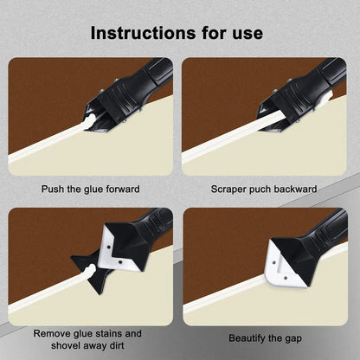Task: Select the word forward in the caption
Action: (123, 189)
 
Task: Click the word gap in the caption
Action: (292, 339)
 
